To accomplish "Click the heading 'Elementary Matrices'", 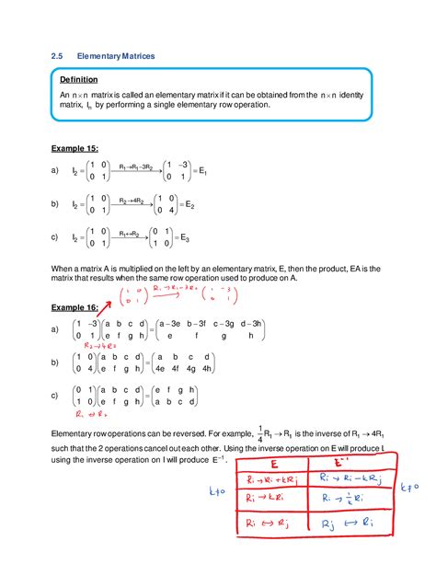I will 116,57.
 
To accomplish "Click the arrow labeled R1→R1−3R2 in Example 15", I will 137,168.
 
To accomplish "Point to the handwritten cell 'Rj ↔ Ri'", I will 350,524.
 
